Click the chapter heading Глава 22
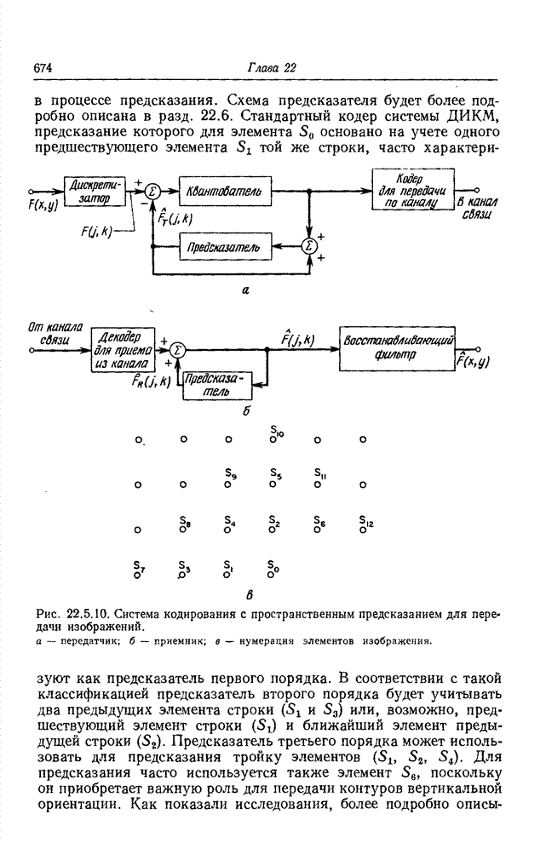[271, 68]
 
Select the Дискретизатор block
[94, 192]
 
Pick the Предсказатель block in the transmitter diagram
[225, 247]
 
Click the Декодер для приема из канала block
[122, 348]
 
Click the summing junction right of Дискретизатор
[152, 192]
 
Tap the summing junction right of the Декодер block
[178, 348]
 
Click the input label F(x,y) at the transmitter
[43, 204]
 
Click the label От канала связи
[49, 331]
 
